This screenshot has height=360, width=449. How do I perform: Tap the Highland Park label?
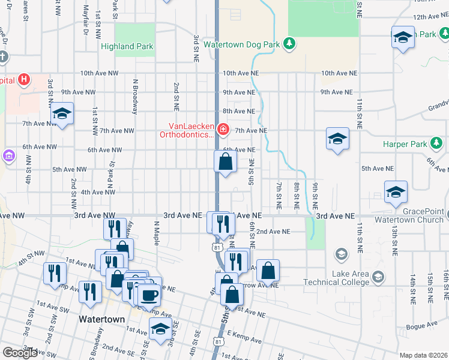click(127, 46)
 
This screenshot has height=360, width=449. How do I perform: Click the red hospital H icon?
click(23, 79)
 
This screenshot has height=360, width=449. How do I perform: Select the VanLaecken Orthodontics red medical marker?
click(223, 129)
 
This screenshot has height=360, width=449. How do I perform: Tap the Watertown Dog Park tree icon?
click(289, 43)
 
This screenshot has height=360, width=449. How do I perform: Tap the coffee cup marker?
click(149, 295)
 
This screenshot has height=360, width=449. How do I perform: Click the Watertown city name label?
click(101, 319)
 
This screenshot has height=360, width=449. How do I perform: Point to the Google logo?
click(19, 353)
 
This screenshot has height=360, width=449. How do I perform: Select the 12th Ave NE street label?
click(427, 17)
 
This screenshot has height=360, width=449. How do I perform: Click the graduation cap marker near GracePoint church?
click(396, 192)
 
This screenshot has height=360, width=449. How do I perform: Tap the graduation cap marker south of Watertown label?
click(160, 330)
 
